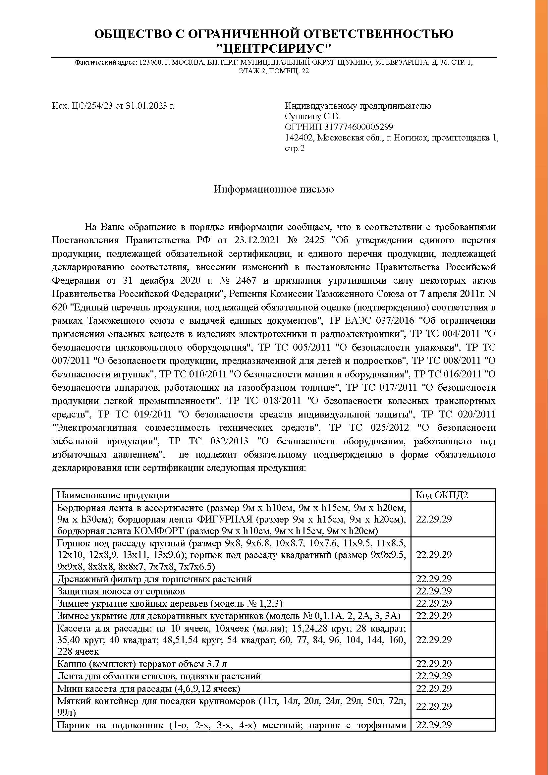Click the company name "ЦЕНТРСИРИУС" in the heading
[274, 49]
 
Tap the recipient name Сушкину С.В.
[312, 117]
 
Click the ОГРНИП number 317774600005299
[359, 127]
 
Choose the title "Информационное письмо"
[274, 190]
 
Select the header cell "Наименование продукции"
[113, 495]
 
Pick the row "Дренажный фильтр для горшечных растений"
[154, 579]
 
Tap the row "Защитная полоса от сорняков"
[121, 591]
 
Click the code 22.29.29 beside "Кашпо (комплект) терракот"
[434, 664]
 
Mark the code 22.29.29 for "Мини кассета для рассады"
[434, 688]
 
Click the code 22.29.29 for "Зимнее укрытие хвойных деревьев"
[434, 603]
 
